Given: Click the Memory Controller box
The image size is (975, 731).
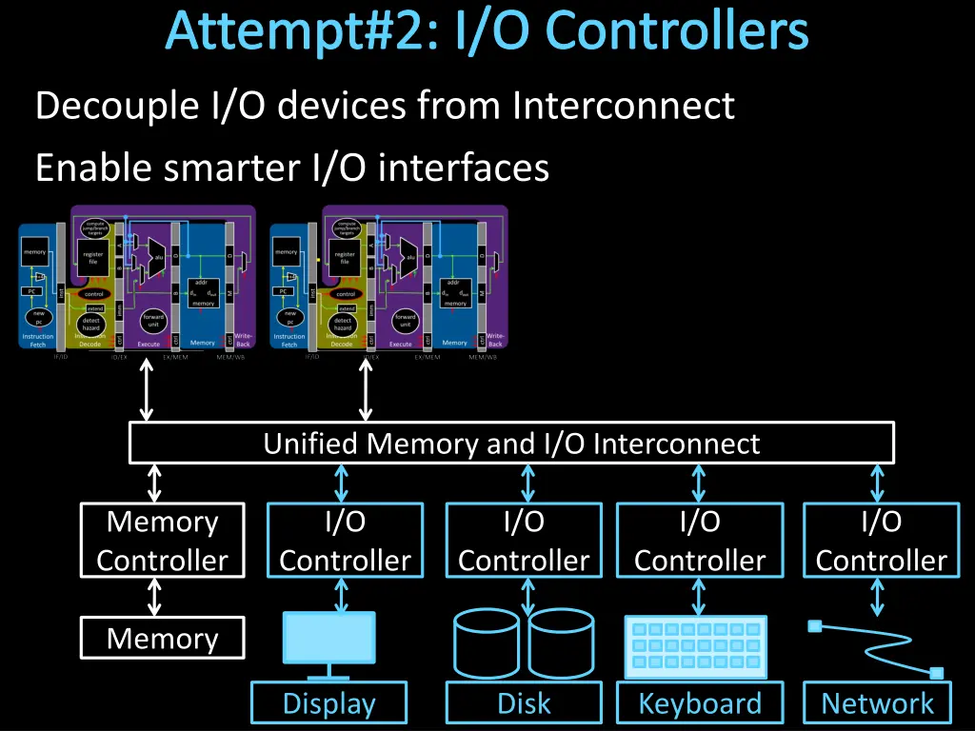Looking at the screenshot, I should point(162,541).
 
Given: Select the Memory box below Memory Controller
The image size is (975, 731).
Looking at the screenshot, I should point(162,638).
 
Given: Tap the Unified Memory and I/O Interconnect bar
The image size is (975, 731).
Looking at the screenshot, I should point(511,444).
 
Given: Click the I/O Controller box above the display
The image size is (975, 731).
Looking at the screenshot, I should point(345,541).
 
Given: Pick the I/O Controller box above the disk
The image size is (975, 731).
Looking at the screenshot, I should point(524,541).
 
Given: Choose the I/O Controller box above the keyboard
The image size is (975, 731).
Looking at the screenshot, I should point(700,541).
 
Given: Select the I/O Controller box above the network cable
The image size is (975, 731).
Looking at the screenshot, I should point(881,541).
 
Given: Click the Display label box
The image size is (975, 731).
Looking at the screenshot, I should point(329,703).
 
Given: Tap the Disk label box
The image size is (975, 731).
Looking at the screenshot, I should point(524,703).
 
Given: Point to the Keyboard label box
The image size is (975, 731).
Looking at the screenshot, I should point(700,703).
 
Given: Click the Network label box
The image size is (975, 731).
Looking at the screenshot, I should point(877,703).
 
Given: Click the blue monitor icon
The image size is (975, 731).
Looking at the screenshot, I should point(329,639).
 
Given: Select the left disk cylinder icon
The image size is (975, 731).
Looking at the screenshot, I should point(486,643).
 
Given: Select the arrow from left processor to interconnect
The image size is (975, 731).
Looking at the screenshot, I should point(146,389).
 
